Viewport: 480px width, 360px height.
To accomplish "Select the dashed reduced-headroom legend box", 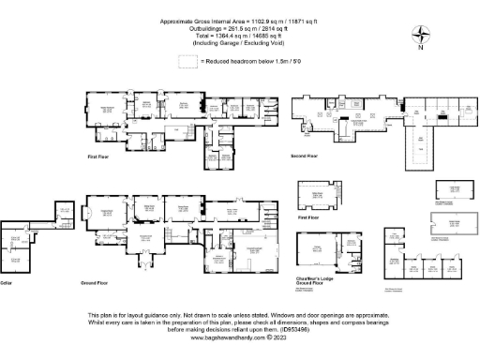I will [x=188, y=62].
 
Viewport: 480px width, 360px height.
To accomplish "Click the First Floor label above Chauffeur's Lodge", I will [x=308, y=217].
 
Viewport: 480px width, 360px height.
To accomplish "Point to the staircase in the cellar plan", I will [x=37, y=226].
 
